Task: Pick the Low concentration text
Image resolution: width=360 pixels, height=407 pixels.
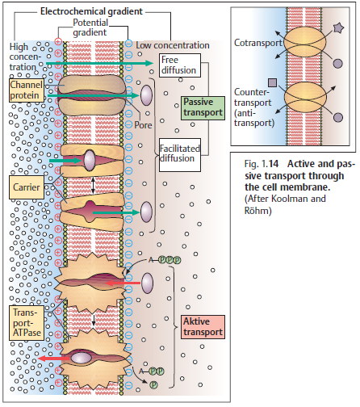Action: tap(174, 44)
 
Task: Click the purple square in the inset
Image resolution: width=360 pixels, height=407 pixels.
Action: tap(273, 82)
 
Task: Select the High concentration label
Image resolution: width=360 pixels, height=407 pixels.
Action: tap(24, 57)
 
